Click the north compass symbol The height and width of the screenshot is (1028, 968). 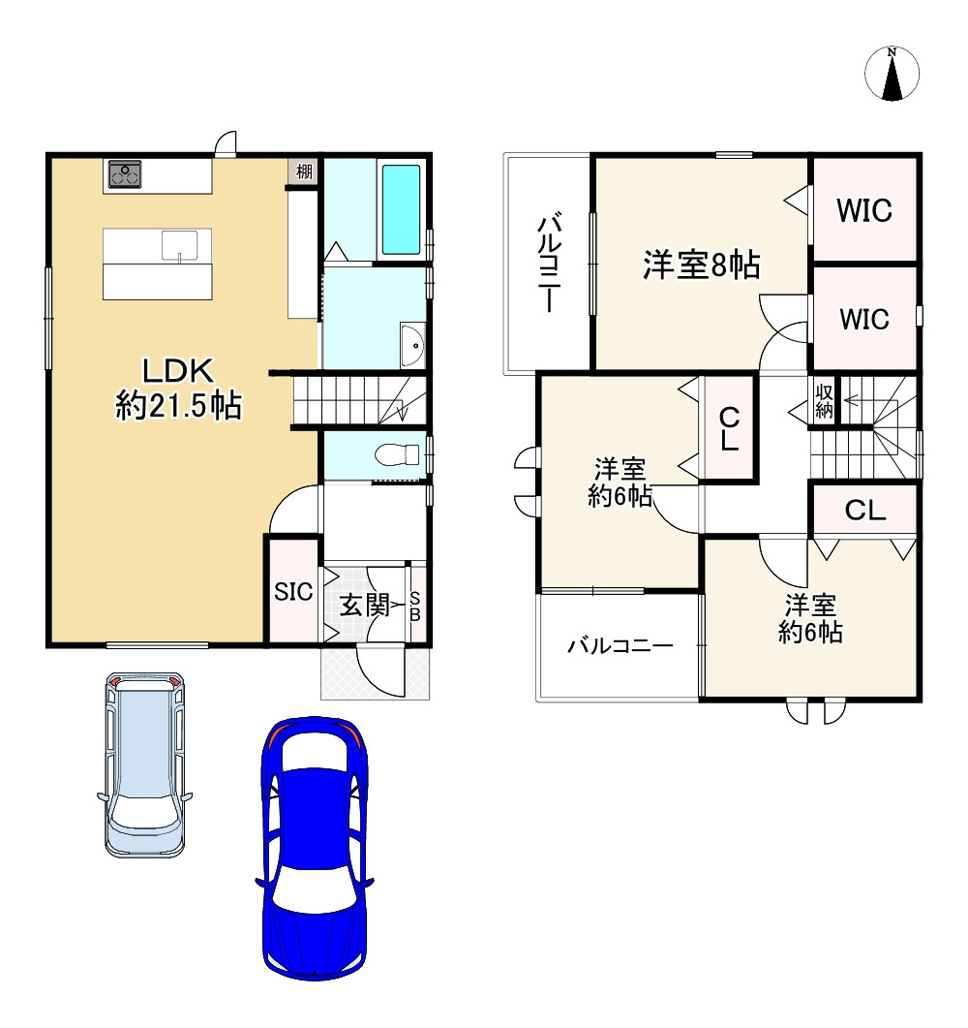click(x=892, y=75)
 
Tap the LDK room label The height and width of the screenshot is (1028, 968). click(x=178, y=387)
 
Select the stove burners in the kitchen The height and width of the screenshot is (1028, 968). click(x=124, y=173)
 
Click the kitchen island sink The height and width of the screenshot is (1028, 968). click(x=180, y=245)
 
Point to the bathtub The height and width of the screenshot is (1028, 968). click(x=402, y=208)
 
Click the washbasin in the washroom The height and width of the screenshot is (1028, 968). click(x=412, y=344)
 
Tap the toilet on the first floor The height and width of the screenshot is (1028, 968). click(x=400, y=452)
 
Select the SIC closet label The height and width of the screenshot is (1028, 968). click(x=292, y=592)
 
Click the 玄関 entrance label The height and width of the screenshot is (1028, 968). click(x=363, y=607)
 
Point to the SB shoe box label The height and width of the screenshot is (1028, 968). click(x=415, y=607)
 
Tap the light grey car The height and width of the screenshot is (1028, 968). click(x=144, y=762)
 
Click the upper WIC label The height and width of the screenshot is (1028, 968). click(x=864, y=210)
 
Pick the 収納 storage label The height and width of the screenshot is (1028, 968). click(x=824, y=400)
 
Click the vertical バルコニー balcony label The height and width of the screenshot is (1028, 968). click(x=548, y=264)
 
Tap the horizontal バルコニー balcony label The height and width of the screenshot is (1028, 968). click(x=620, y=645)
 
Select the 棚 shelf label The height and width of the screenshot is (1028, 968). click(x=304, y=172)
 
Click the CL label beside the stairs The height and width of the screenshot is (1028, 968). click(x=864, y=511)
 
